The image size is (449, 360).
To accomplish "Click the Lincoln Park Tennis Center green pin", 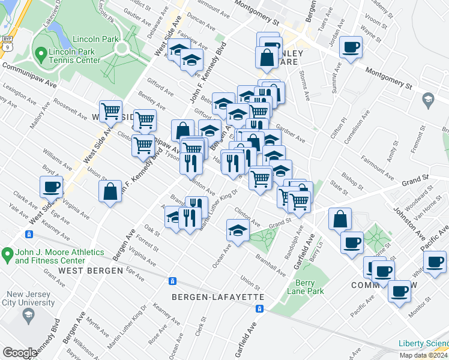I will [x=40, y=55].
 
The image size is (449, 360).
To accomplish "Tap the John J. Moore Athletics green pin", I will [x=7, y=255].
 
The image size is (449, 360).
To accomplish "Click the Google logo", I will [x=20, y=353].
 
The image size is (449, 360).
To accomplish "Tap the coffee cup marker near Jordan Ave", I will [x=350, y=47].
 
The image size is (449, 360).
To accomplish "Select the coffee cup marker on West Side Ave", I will [x=52, y=186].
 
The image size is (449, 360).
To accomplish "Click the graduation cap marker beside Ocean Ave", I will [x=238, y=230].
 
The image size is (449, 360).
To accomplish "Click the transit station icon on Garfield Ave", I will [x=259, y=308].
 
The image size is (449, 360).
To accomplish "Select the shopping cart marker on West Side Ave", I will [x=111, y=110].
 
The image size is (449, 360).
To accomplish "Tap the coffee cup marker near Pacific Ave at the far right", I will [x=435, y=261].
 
